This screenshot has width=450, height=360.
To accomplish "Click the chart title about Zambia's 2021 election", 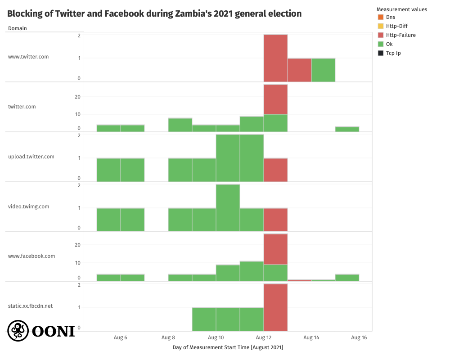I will coord(154,14).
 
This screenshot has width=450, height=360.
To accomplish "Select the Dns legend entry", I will coord(391,17).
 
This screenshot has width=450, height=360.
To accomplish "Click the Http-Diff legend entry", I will coord(396,26).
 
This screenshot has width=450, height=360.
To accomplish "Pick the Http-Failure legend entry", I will coord(400,35).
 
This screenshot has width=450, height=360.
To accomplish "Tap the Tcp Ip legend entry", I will coord(393,53).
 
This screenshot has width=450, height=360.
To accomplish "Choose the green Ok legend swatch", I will coord(381,44).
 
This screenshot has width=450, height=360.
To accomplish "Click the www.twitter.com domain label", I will coord(28,57).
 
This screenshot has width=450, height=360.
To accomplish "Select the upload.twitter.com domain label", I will coord(31,157).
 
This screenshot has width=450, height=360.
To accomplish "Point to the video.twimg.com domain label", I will coord(28,207).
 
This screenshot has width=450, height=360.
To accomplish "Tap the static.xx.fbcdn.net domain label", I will coord(30,306).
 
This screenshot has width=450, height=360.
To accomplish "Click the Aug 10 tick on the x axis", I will coord(216,337).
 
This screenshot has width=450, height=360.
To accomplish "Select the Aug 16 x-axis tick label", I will coord(359,337).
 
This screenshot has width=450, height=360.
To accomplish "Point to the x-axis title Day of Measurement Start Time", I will coord(228,347).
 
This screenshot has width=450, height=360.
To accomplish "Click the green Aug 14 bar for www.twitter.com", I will coord(323,70).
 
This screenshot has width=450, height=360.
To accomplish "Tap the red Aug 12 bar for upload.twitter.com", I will coord(275,170).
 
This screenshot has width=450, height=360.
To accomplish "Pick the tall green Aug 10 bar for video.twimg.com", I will coord(228,207).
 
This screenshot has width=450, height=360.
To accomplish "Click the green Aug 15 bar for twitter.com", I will coord(347,129).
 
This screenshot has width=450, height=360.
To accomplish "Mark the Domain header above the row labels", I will coord(17,28).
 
